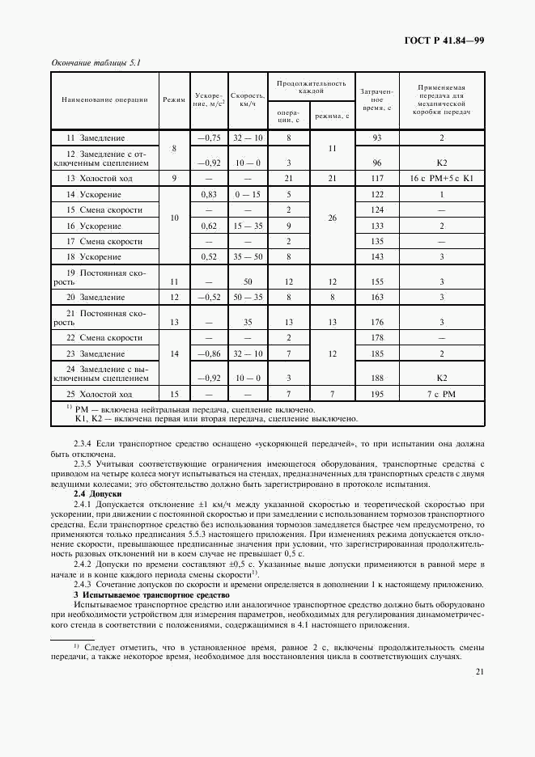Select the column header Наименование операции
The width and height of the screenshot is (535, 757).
click(x=105, y=100)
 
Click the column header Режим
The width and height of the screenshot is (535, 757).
click(x=174, y=100)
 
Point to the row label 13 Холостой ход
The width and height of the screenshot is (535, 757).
click(x=99, y=178)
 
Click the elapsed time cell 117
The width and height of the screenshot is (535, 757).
click(x=376, y=178)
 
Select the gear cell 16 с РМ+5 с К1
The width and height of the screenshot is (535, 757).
click(x=441, y=178)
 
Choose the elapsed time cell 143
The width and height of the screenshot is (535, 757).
click(x=376, y=256)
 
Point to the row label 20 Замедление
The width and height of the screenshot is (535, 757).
click(x=96, y=298)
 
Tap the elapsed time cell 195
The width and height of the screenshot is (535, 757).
click(x=376, y=395)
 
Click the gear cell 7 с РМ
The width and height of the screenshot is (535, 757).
click(x=441, y=395)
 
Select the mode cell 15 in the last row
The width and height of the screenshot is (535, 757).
click(x=174, y=395)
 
